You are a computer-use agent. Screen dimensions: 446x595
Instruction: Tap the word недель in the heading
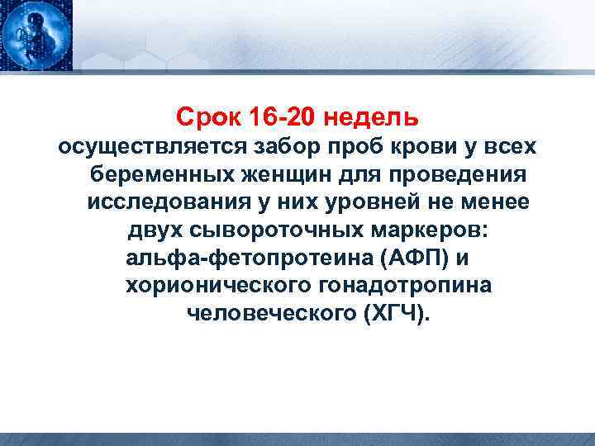pos(373,117)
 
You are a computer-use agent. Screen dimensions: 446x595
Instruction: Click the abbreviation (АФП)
pos(416,259)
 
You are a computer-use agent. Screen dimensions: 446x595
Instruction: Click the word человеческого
pos(270,315)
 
